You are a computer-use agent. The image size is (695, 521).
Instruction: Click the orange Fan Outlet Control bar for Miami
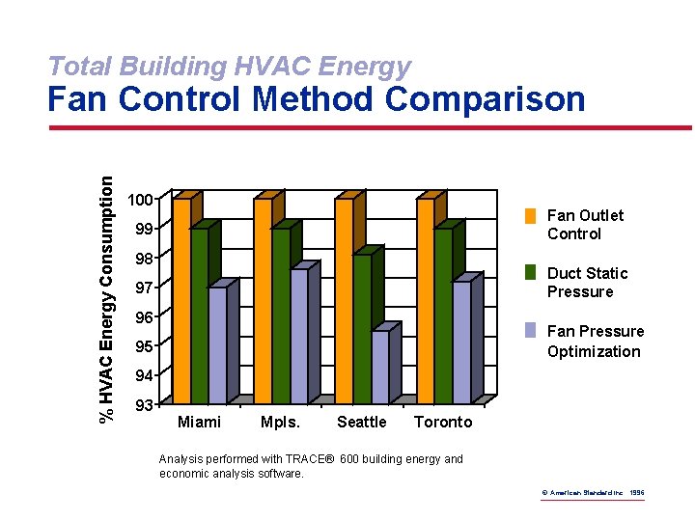click(181, 299)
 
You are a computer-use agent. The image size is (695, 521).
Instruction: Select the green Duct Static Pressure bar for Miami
click(199, 314)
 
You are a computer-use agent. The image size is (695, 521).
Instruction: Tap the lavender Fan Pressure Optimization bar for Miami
click(217, 343)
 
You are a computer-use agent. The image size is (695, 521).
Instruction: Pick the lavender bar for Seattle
click(380, 366)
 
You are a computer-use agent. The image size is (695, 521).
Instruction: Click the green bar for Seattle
click(362, 327)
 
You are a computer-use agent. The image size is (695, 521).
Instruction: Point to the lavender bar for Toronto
click(461, 341)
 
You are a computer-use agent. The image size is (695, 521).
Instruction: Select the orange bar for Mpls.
click(263, 299)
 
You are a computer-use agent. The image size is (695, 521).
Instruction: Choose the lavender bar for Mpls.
click(299, 334)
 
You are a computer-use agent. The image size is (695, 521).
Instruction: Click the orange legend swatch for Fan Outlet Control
click(530, 215)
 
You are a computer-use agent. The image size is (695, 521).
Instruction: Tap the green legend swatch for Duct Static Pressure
click(530, 272)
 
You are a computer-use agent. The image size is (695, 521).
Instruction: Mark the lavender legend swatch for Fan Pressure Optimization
click(530, 330)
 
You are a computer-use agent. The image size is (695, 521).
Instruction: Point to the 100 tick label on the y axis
click(141, 200)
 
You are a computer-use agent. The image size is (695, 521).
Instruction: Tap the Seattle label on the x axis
click(361, 422)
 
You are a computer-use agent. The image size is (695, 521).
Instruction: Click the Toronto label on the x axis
click(443, 422)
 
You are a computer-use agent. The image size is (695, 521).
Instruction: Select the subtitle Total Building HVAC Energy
click(229, 66)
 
